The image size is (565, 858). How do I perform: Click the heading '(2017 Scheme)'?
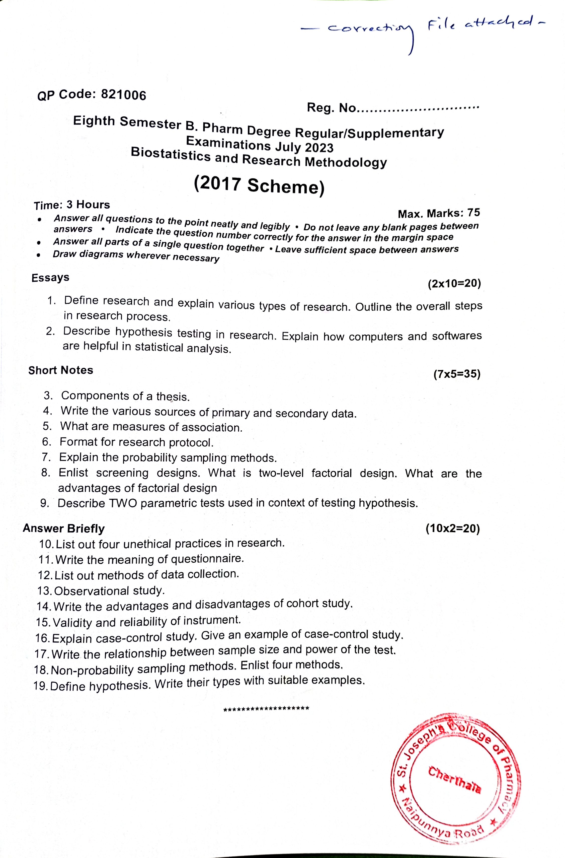point(259,185)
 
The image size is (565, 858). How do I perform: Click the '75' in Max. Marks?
point(473,213)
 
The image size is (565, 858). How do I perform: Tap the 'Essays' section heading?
point(50,278)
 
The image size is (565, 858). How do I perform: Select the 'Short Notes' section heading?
point(60,370)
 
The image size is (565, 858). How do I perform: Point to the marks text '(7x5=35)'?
point(457,374)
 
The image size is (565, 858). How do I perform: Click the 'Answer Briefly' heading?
point(63,529)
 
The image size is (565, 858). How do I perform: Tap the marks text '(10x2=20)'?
point(453,529)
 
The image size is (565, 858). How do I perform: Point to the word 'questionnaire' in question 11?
point(207,559)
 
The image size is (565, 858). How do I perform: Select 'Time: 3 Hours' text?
point(72,205)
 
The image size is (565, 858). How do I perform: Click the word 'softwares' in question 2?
point(457,336)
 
